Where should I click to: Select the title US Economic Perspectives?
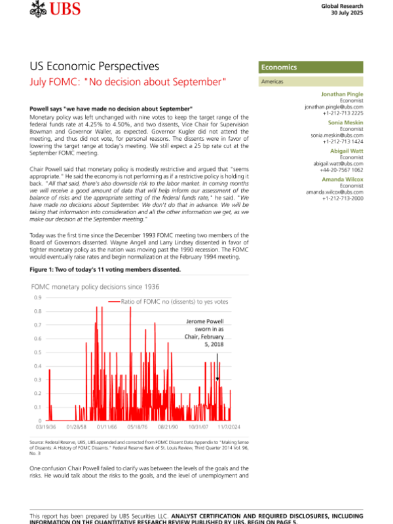click(94, 67)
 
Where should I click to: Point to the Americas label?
click(272, 82)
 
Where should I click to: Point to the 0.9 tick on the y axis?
click(37, 298)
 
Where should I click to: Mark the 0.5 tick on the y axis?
click(37, 352)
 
